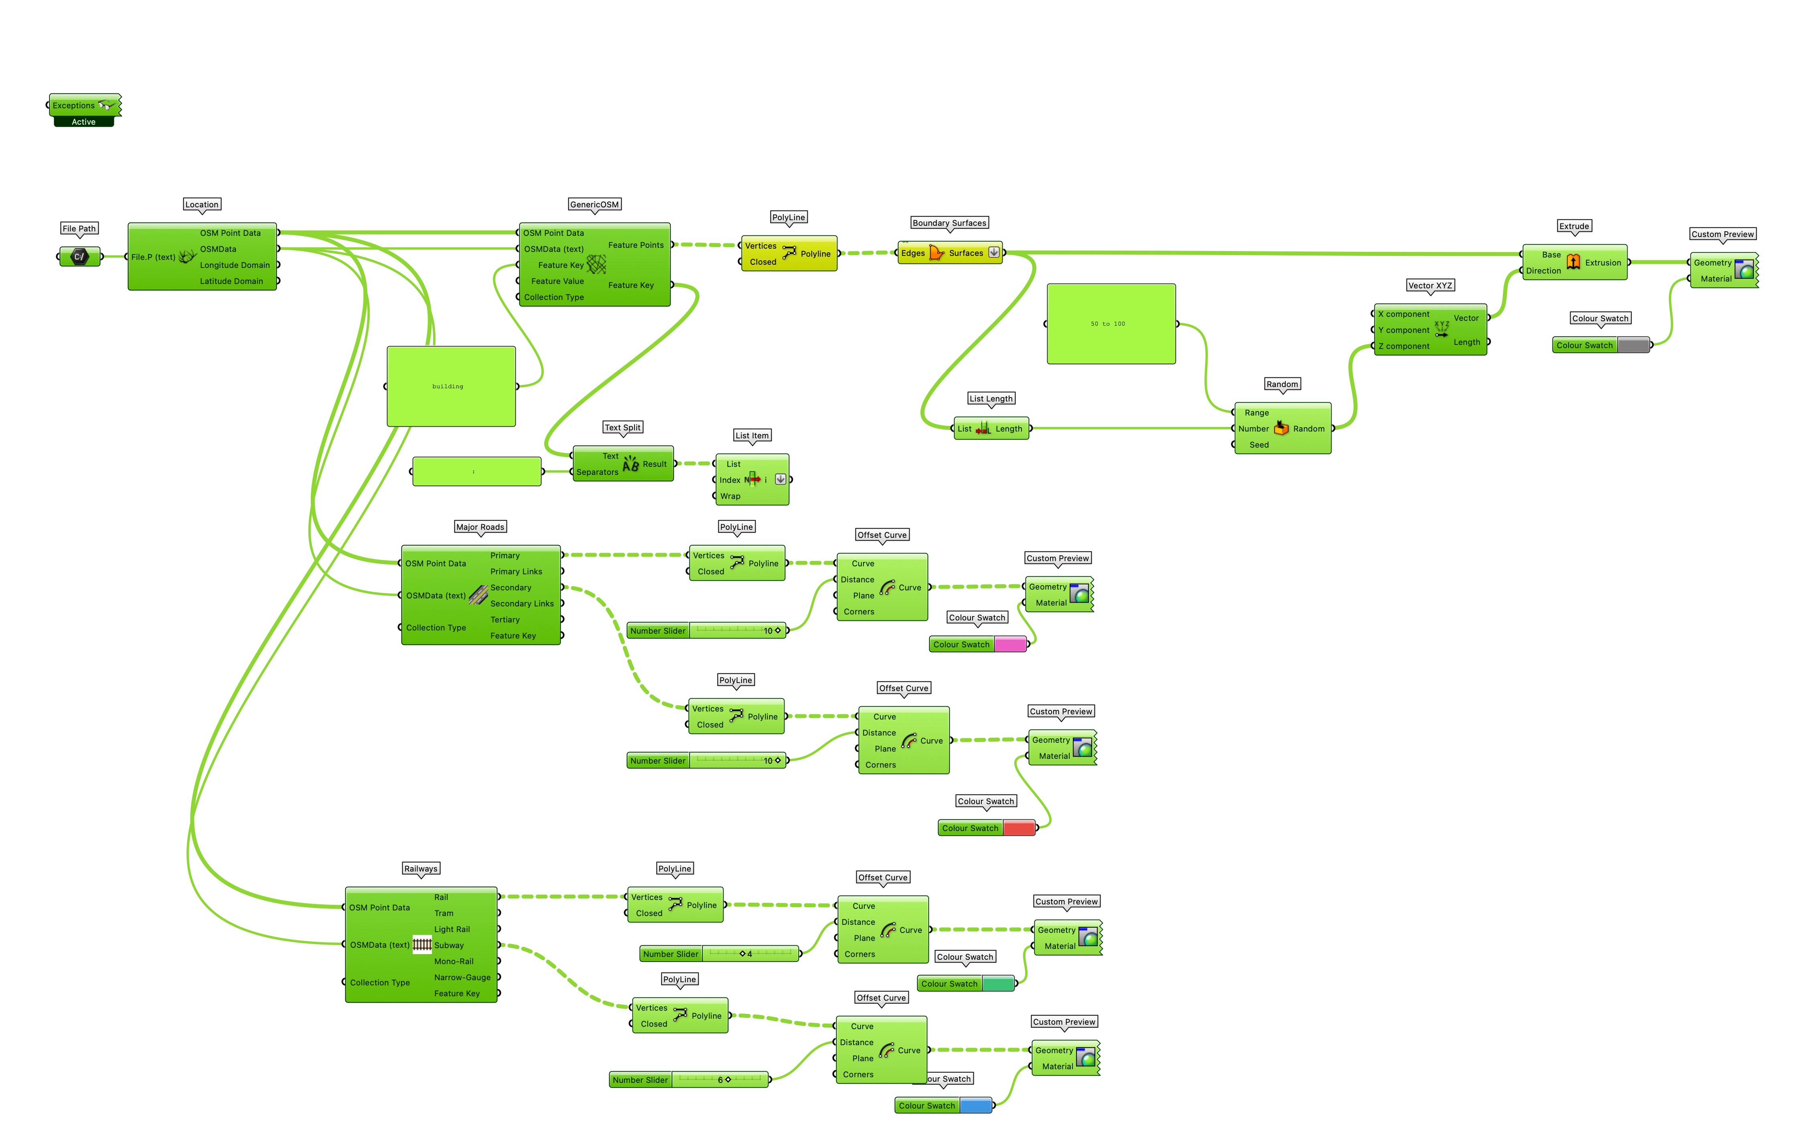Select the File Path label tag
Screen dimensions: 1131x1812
tap(79, 228)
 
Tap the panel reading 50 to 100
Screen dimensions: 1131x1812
tap(1111, 324)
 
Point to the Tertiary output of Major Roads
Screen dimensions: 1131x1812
tap(505, 619)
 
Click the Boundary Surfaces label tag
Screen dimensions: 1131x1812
tap(949, 223)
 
